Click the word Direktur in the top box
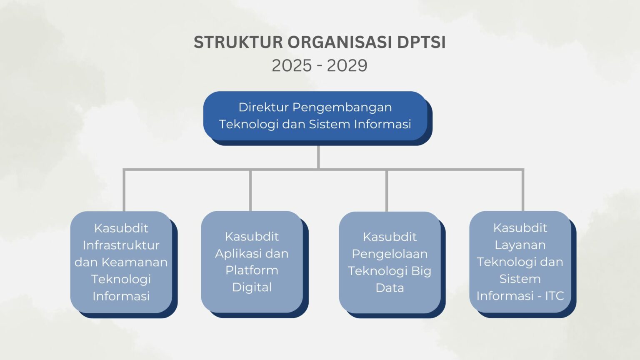click(x=263, y=107)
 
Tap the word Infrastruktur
click(x=121, y=245)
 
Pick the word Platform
click(x=252, y=270)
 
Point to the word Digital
click(x=252, y=287)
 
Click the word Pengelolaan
click(x=390, y=254)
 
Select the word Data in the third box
click(x=390, y=287)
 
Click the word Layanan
click(x=520, y=245)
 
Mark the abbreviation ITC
click(x=554, y=296)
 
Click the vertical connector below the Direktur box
click(x=318, y=157)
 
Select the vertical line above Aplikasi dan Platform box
click(x=250, y=190)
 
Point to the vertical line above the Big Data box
click(x=387, y=190)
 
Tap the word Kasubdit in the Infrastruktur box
click(x=121, y=228)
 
